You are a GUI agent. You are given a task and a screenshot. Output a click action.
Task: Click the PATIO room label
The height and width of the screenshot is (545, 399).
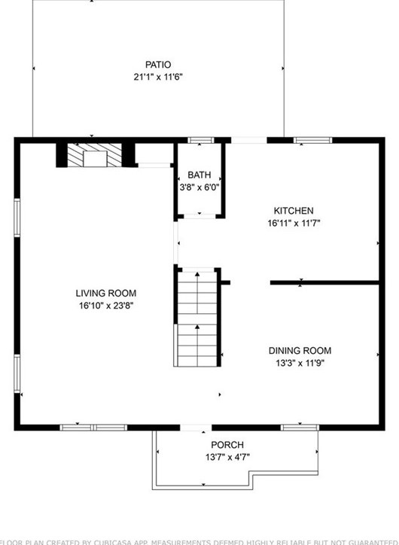tap(158, 65)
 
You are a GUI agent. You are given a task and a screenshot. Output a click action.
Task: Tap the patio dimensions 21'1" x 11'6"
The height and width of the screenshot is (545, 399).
tap(158, 76)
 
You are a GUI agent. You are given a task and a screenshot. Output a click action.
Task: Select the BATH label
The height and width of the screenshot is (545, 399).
tap(200, 175)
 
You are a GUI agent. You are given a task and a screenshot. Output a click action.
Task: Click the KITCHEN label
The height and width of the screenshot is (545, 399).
tap(294, 211)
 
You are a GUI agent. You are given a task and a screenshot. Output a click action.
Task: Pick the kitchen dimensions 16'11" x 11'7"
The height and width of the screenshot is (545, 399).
tap(294, 223)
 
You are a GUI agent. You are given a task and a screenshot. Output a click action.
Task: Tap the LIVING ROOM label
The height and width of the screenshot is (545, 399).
tap(105, 293)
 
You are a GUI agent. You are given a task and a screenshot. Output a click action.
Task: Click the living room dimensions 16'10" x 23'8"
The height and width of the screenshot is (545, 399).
tap(105, 305)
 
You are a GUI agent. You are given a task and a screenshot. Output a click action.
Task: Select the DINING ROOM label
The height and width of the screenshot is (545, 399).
tap(300, 351)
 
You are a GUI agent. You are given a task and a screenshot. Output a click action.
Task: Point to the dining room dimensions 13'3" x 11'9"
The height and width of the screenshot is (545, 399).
tap(300, 363)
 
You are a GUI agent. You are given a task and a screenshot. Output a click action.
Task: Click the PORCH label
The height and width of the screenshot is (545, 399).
tap(227, 445)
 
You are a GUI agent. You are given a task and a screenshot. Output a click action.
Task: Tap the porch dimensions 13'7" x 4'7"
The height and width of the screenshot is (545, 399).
tap(227, 457)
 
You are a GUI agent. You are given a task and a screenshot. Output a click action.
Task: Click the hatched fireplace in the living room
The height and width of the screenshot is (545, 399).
tap(96, 155)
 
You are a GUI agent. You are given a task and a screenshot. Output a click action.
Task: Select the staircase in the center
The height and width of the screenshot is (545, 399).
tap(197, 316)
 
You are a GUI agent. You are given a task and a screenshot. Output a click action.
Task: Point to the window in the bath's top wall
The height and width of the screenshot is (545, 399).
tap(200, 140)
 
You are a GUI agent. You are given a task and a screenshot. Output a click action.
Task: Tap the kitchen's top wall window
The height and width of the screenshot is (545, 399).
tap(312, 140)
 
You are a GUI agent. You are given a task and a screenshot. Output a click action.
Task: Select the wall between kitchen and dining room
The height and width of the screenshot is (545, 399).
tap(324, 283)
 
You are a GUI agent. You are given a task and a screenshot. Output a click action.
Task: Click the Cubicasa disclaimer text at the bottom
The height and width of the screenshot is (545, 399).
tap(200, 540)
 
